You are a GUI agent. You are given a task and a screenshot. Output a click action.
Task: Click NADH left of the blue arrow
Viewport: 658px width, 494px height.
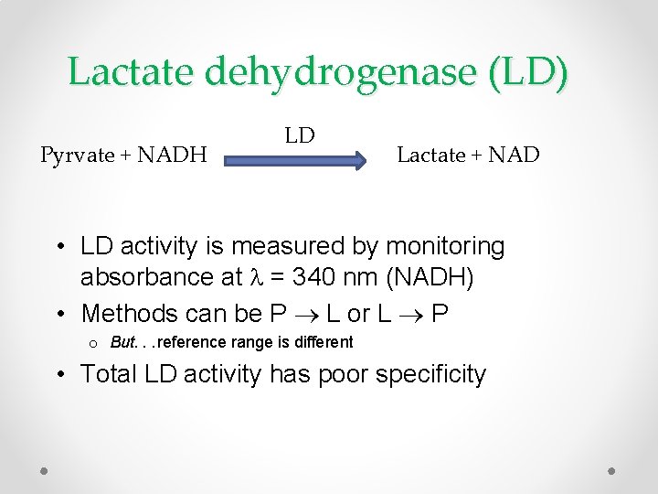172,155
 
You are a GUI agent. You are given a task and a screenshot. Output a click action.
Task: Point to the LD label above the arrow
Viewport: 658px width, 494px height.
299,135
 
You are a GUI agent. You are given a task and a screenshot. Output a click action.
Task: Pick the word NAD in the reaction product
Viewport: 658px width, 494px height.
515,155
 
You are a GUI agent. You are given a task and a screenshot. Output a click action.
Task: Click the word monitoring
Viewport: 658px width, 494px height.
445,246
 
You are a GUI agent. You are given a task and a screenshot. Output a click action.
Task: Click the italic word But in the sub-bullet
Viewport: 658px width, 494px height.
122,342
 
